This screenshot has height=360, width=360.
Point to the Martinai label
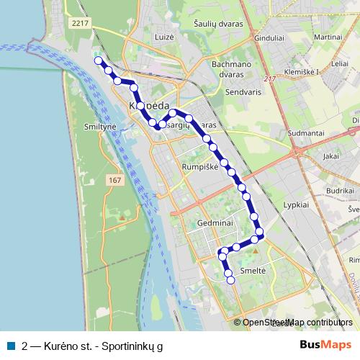[327, 36]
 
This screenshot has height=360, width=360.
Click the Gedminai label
[212, 223]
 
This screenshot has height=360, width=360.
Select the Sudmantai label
[306, 133]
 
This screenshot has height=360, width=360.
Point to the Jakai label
[331, 155]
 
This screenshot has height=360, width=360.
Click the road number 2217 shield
[79, 24]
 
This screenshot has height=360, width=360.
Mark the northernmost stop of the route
[98, 60]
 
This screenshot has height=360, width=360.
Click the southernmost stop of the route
[231, 281]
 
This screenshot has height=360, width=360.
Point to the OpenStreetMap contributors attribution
[297, 323]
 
